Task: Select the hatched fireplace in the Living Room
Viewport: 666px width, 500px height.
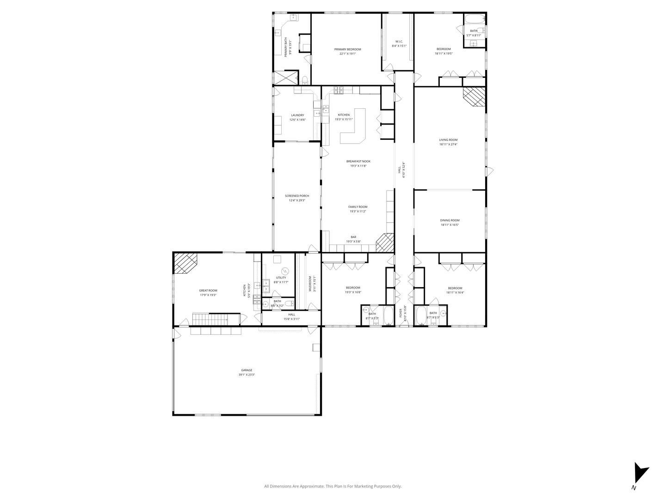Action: point(475,97)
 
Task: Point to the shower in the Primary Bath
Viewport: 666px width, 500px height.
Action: point(285,78)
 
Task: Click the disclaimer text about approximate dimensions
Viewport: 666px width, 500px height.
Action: point(333,486)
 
